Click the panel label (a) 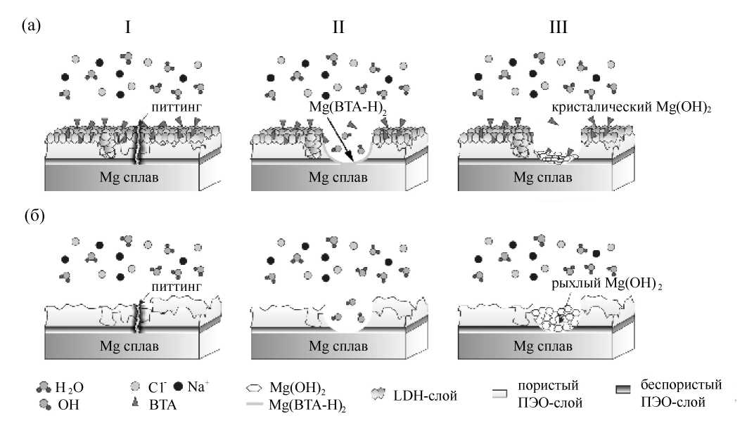pos(32,26)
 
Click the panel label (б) pos(35,214)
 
